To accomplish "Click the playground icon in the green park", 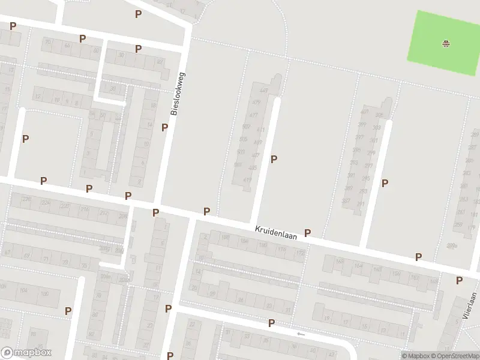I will (x=446, y=43).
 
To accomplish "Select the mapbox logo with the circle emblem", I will (x=26, y=353).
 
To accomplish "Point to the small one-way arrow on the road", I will (x=301, y=334).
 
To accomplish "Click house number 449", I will (x=264, y=91).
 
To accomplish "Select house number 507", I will (x=246, y=127).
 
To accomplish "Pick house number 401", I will (x=365, y=112).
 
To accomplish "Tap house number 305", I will (x=379, y=115).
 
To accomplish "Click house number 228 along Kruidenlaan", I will (x=26, y=199).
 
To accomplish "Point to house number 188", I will (x=226, y=238).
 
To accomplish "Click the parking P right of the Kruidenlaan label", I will (x=308, y=233).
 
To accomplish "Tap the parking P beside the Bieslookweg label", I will (x=164, y=127).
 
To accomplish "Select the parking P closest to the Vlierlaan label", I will (x=459, y=280).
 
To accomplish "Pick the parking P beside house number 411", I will (x=274, y=159).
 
